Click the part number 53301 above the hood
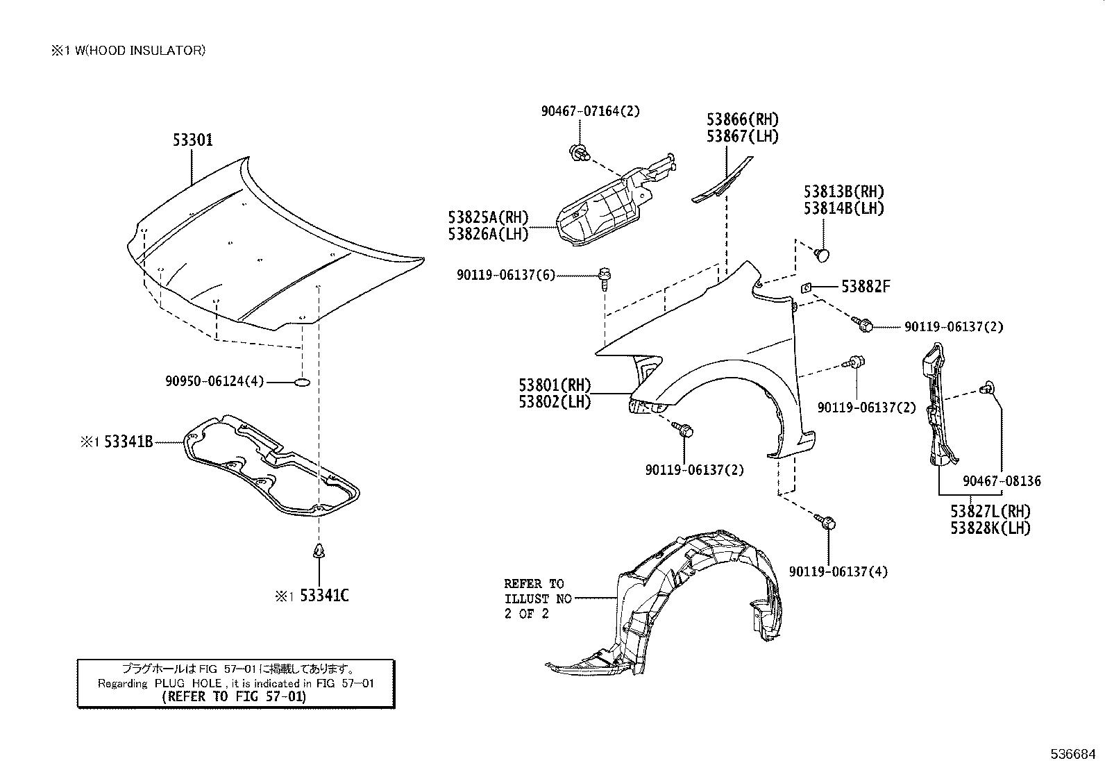[193, 140]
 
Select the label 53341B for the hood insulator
[128, 441]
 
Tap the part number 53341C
[324, 596]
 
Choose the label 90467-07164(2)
[590, 110]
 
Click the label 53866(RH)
[743, 120]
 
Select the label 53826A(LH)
[488, 234]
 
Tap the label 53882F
[866, 286]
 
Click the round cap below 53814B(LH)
[823, 254]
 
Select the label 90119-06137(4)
[838, 572]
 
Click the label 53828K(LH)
[990, 528]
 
